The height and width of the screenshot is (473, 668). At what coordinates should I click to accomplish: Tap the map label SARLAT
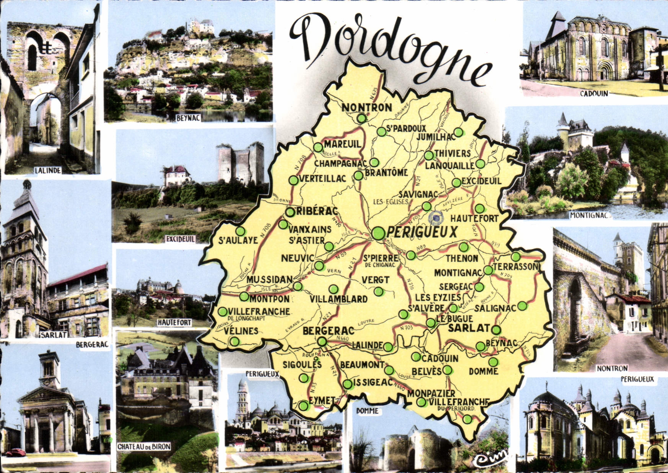469,328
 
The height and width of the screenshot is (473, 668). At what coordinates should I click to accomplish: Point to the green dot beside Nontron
362,118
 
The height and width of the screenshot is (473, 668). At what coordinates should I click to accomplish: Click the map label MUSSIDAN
269,280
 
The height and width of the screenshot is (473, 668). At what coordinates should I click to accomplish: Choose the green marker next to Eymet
303,406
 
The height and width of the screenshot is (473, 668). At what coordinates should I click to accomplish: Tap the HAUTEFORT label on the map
474,219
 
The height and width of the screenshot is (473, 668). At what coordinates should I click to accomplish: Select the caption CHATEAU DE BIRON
144,447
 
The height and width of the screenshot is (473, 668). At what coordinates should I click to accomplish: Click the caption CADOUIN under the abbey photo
594,93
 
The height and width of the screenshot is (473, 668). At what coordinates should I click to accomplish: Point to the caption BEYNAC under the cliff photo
188,118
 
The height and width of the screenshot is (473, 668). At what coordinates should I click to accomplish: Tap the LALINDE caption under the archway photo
48,171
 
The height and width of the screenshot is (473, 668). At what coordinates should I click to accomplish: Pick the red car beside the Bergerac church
15,453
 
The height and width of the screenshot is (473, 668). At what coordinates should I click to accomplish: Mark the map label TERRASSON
516,266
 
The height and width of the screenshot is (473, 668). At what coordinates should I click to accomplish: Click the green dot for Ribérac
290,212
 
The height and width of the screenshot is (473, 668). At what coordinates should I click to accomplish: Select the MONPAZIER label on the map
431,393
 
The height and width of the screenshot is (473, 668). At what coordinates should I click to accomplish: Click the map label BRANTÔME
386,173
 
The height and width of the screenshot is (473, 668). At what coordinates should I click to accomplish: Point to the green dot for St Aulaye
240,231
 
